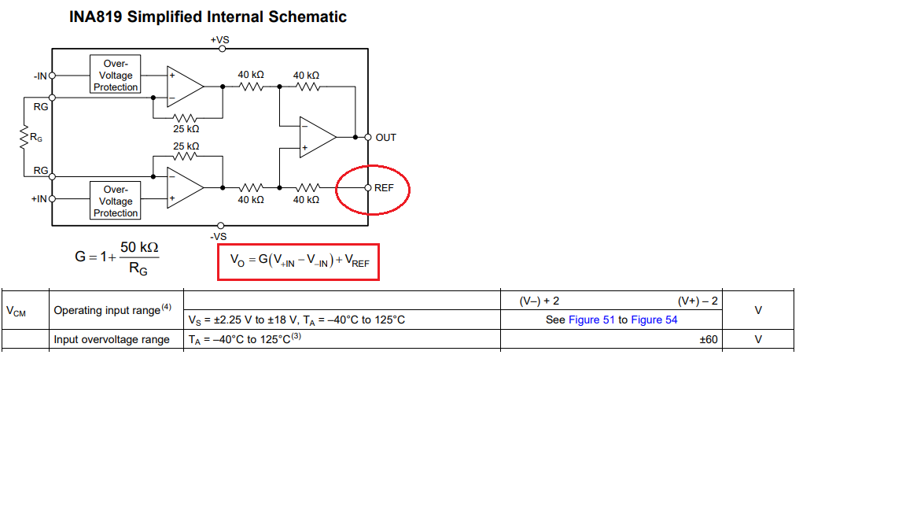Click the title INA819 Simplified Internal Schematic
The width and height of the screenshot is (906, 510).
tap(208, 17)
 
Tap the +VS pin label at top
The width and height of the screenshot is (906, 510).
tap(219, 39)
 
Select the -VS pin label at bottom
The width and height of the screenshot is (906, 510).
tap(219, 236)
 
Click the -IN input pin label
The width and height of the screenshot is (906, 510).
tap(40, 76)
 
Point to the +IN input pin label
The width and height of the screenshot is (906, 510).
tap(39, 199)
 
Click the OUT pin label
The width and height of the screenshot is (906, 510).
tap(385, 138)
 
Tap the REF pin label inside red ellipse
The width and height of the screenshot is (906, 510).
tap(384, 188)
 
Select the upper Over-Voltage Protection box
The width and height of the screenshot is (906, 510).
tap(116, 75)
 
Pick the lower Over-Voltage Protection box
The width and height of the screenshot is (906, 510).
tap(116, 201)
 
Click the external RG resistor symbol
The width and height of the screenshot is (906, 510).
tap(25, 139)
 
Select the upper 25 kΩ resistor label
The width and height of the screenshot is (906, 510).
tap(186, 128)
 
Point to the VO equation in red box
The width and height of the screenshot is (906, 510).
tap(299, 261)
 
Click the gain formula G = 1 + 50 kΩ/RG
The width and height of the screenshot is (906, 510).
tap(118, 257)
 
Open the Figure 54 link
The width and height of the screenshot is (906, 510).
tap(654, 320)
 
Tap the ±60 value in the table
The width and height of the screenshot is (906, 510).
tap(709, 340)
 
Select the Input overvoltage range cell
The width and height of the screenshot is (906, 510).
tap(112, 340)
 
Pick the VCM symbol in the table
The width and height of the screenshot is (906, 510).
tap(16, 311)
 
